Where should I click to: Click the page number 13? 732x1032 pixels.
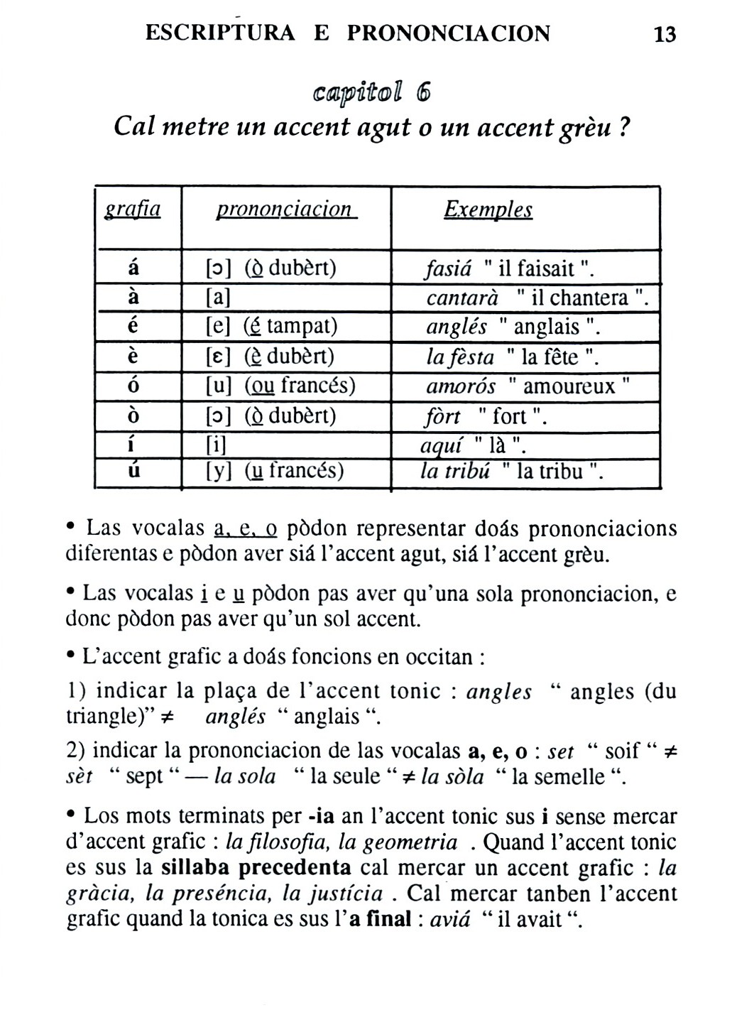[665, 34]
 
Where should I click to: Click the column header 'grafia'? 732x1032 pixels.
[133, 209]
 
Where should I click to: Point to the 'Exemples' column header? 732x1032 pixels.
[488, 209]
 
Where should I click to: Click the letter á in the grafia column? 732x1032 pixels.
[133, 268]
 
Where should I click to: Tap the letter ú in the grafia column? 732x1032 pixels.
[133, 471]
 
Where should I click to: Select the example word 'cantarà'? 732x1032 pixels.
[462, 298]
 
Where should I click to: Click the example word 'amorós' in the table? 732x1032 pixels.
[461, 386]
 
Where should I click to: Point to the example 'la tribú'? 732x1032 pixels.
[455, 471]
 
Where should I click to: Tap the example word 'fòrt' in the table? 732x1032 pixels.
[442, 416]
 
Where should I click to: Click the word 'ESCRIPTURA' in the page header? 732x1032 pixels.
[219, 33]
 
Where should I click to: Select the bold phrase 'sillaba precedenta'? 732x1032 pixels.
[256, 868]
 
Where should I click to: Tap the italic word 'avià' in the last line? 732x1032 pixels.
[450, 919]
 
